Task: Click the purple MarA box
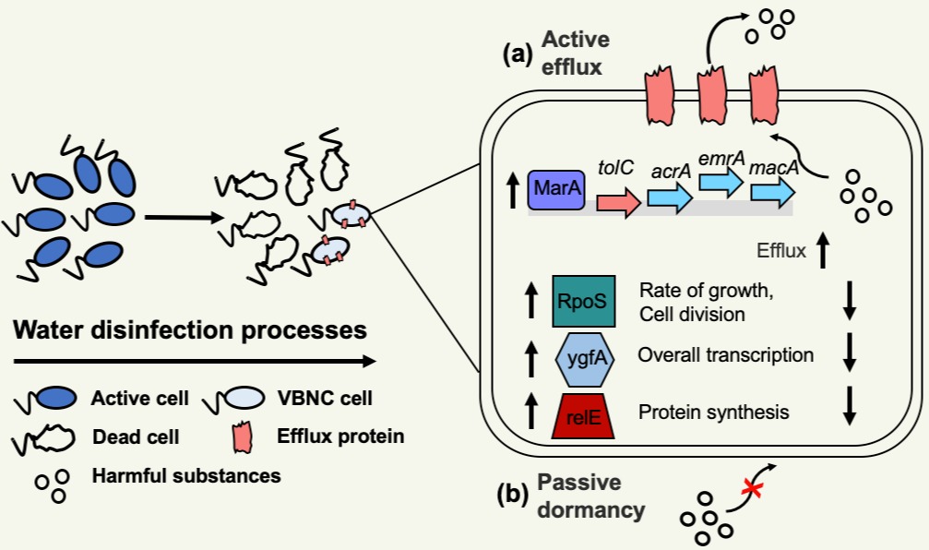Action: tap(555, 189)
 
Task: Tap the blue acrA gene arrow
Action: tap(669, 198)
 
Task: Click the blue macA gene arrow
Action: tap(772, 193)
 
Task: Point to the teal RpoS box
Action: tap(583, 301)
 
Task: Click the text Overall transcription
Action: tap(726, 355)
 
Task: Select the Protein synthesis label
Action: tap(713, 412)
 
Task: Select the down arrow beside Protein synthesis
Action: tap(850, 412)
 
